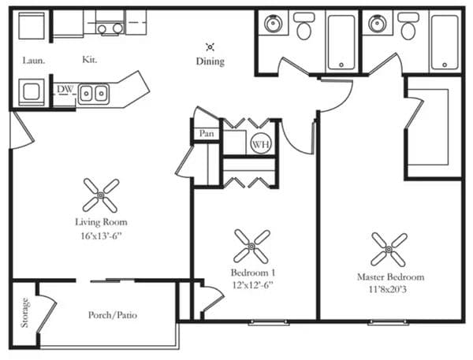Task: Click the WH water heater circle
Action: point(261,143)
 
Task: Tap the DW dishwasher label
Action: point(65,89)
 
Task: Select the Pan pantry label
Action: point(207,133)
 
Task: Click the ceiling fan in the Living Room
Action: point(101,195)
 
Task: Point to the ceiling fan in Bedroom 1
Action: point(251,247)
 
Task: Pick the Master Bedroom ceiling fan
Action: point(389,250)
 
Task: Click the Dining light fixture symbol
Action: point(210,47)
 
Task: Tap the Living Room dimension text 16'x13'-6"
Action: point(101,236)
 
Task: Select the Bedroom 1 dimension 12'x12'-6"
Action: point(253,284)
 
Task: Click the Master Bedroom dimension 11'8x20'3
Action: point(388,289)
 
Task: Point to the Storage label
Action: point(24,313)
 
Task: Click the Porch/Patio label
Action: point(113,315)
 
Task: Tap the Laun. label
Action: point(34,61)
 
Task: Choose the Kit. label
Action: point(90,59)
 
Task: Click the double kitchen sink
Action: point(94,94)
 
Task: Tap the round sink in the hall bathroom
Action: point(274,23)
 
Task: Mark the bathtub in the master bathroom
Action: point(445,42)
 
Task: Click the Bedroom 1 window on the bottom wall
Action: point(269,322)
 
